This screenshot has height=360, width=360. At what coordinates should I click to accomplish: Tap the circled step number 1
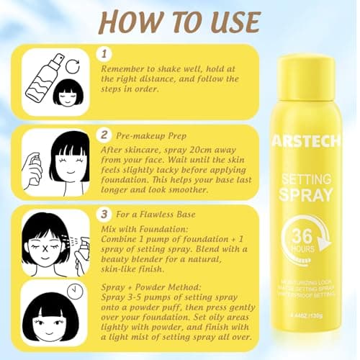(106, 54)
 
